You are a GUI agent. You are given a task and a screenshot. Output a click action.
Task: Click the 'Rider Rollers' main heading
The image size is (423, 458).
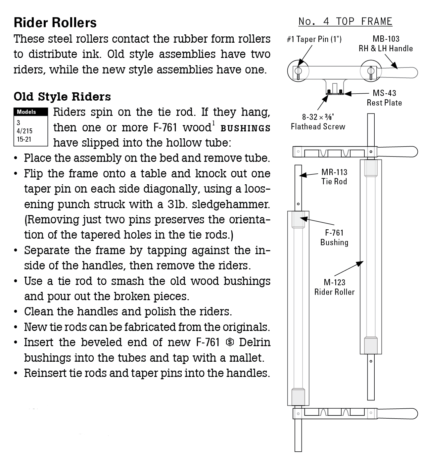pyautogui.click(x=55, y=23)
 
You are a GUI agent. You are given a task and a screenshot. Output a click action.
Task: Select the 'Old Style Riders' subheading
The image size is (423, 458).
pyautogui.click(x=62, y=97)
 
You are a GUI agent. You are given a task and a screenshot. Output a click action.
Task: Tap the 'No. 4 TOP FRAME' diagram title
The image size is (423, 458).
pyautogui.click(x=345, y=22)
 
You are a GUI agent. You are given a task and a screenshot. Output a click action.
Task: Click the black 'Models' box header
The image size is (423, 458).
pyautogui.click(x=31, y=112)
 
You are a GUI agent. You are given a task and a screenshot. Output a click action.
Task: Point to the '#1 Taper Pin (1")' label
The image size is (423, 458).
pyautogui.click(x=314, y=39)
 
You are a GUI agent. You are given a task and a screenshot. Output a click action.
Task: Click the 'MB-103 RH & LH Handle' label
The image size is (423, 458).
pyautogui.click(x=386, y=44)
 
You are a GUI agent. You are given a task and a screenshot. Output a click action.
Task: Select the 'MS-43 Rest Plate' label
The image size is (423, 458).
pyautogui.click(x=384, y=98)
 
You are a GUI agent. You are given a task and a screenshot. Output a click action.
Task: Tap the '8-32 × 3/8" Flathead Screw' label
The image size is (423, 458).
pyautogui.click(x=318, y=121)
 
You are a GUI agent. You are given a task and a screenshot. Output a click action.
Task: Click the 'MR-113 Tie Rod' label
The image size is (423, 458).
pyautogui.click(x=334, y=177)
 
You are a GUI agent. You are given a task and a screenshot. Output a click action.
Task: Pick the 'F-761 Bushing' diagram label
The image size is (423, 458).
pyautogui.click(x=334, y=238)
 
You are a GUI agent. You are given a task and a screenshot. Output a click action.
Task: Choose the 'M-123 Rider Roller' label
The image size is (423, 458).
pyautogui.click(x=334, y=287)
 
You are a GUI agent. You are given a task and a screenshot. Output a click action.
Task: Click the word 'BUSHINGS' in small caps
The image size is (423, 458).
pyautogui.click(x=245, y=128)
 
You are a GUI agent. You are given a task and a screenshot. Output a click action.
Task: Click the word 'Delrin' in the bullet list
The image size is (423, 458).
pyautogui.click(x=255, y=342)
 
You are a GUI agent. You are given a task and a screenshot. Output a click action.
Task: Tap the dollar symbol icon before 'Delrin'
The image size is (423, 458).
pyautogui.click(x=230, y=342)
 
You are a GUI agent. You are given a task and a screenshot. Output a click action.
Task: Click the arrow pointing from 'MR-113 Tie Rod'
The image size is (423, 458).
pyautogui.click(x=309, y=175)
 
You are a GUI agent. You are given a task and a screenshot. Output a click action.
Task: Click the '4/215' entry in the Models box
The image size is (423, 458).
pyautogui.click(x=25, y=131)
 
